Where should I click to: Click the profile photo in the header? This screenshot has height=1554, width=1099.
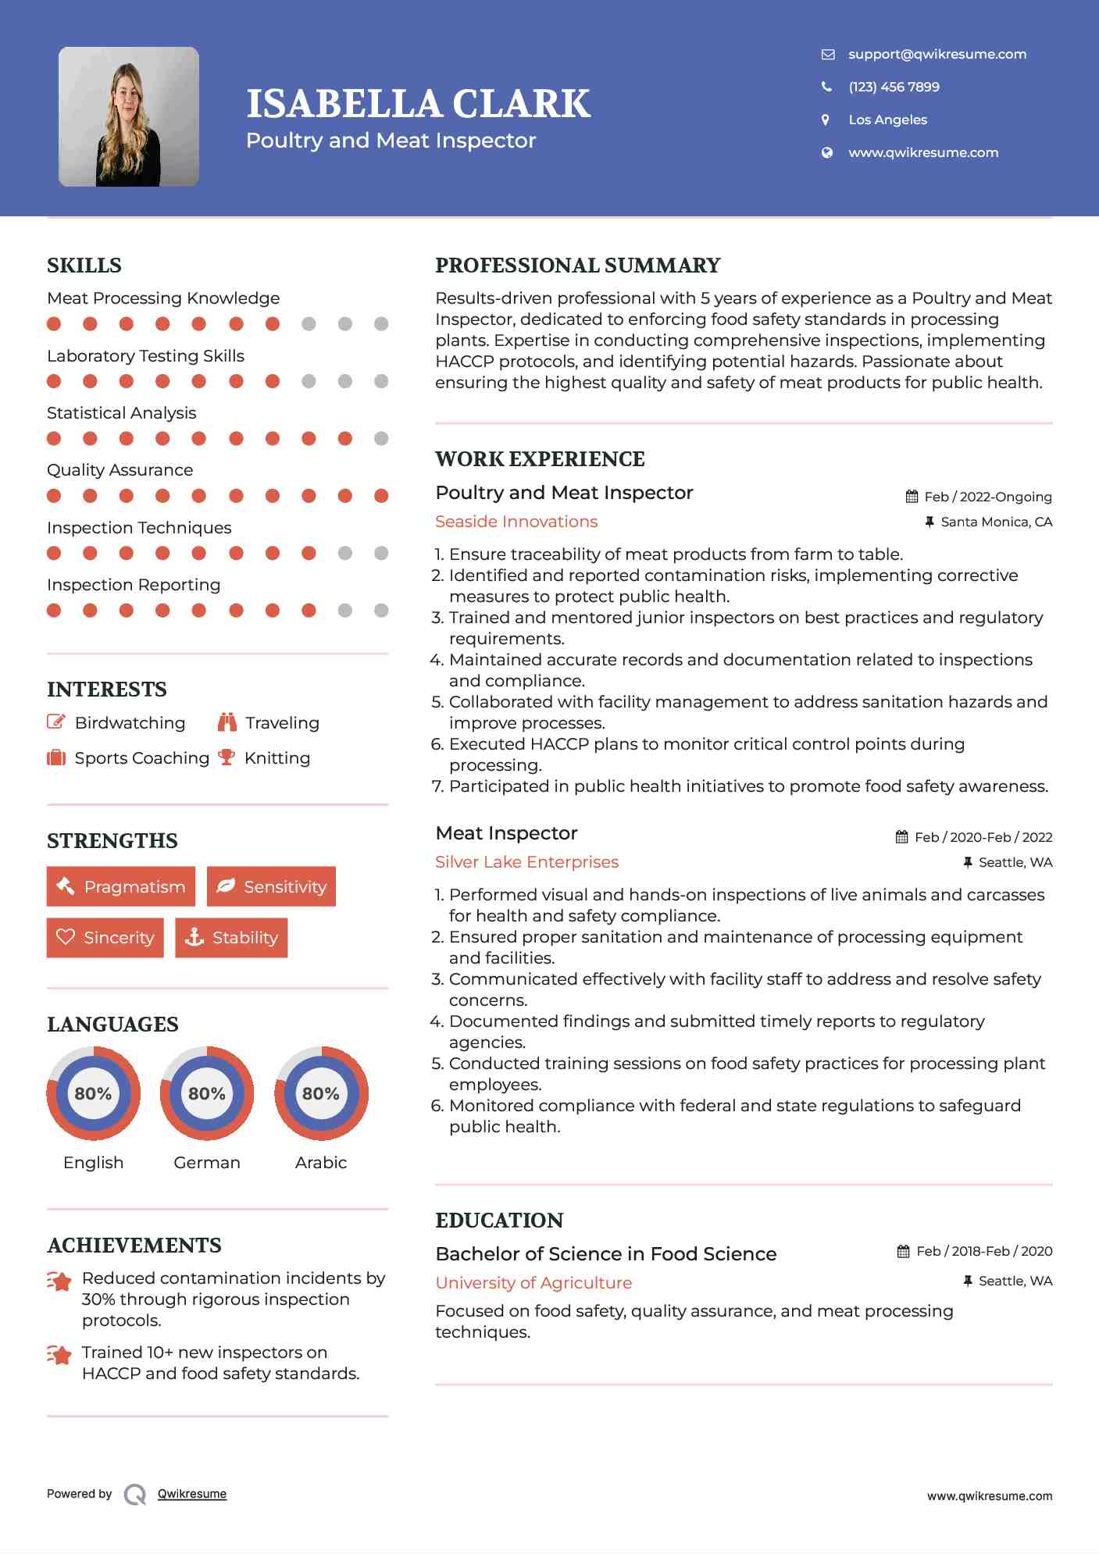click(x=129, y=116)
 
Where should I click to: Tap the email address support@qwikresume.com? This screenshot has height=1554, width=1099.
click(x=937, y=54)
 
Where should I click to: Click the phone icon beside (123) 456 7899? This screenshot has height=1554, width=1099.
click(x=826, y=87)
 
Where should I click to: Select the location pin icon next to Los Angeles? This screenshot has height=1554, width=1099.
click(x=826, y=119)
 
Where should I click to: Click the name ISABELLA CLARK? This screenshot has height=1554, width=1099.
click(x=418, y=104)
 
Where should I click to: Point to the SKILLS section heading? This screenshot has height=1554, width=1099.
click(x=84, y=266)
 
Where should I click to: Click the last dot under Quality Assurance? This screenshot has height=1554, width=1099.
click(x=381, y=496)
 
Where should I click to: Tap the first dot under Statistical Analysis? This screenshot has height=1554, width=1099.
click(x=54, y=439)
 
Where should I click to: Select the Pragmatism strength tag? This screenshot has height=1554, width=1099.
click(x=121, y=886)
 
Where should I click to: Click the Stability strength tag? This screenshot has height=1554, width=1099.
click(x=231, y=937)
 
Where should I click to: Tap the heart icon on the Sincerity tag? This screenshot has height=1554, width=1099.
click(x=66, y=937)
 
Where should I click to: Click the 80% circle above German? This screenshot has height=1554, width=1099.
click(x=207, y=1093)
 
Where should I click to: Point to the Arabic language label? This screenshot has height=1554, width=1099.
click(x=321, y=1162)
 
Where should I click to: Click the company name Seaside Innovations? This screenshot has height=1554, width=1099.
click(x=516, y=522)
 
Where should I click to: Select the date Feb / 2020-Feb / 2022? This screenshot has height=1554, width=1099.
click(x=983, y=837)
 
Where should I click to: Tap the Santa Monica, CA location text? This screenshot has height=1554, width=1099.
click(x=996, y=522)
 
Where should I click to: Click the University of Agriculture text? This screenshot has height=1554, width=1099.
click(x=533, y=1283)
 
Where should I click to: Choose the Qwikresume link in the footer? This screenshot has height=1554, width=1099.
click(x=192, y=1494)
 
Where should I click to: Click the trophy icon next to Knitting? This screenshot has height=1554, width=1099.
click(x=227, y=757)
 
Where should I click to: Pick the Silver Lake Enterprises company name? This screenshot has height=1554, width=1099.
click(x=526, y=862)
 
